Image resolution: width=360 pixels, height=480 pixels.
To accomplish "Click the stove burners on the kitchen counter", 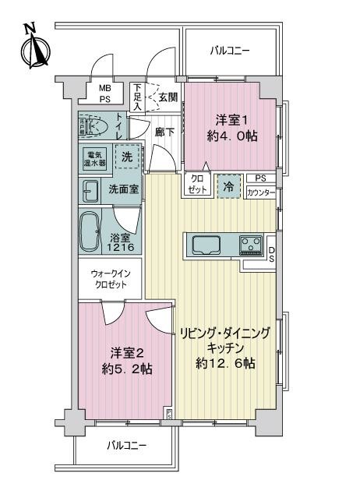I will pos(251,245).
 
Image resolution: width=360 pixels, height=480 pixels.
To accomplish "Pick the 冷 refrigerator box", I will pos(228,186).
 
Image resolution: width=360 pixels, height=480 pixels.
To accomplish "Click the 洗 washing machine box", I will pos(127,157).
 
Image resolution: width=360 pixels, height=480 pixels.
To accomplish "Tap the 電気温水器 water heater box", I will pos(96,159).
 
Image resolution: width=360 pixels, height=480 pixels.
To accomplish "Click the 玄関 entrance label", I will pos(167,98).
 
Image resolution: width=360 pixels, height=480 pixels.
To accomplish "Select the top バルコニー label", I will pos(230,51).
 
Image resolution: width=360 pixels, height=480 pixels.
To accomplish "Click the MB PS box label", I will pos(104,94).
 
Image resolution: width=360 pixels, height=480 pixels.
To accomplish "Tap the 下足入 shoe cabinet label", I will pos(137,97).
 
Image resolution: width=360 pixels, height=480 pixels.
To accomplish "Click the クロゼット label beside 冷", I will pos(196,186).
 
